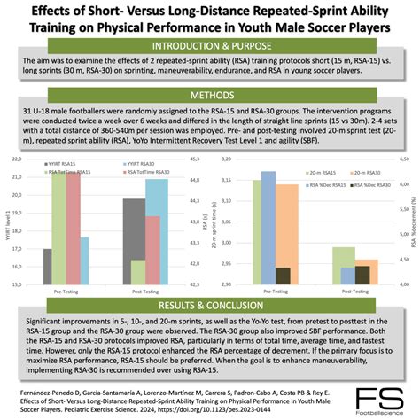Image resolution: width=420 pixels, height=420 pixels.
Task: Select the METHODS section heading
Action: pyautogui.click(x=210, y=95)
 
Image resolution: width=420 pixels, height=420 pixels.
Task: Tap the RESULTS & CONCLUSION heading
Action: pyautogui.click(x=210, y=299)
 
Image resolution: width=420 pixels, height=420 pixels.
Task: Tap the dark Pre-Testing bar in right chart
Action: pyautogui.click(x=283, y=276)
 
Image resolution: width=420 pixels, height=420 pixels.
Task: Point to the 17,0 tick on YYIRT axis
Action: pyautogui.click(x=18, y=251)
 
